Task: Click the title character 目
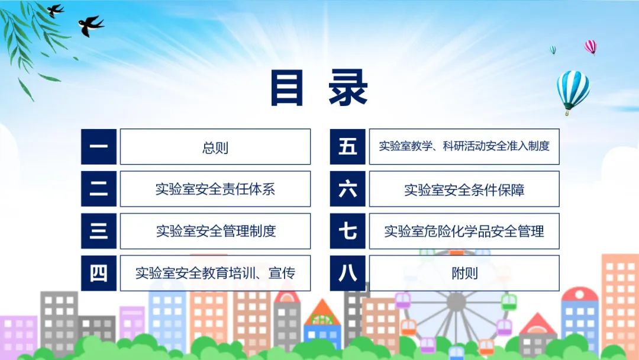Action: pyautogui.click(x=287, y=88)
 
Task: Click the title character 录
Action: pyautogui.click(x=348, y=88)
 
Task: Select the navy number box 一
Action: pyautogui.click(x=99, y=147)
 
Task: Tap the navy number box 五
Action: pyautogui.click(x=348, y=147)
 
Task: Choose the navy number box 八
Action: pyautogui.click(x=348, y=273)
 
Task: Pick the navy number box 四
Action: pyautogui.click(x=99, y=273)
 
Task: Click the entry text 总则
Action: pyautogui.click(x=215, y=147)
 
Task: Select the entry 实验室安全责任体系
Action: pyautogui.click(x=215, y=189)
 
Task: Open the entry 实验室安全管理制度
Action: pyautogui.click(x=216, y=231)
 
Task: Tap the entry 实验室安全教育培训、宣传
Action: pyautogui.click(x=215, y=273)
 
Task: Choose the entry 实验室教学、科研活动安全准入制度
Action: pyautogui.click(x=464, y=146)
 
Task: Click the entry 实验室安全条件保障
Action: pyautogui.click(x=464, y=190)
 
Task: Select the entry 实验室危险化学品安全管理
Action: pyautogui.click(x=464, y=232)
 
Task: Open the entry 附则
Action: pyautogui.click(x=464, y=274)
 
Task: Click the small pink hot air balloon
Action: pyautogui.click(x=590, y=47)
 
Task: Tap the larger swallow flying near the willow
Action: pyautogui.click(x=91, y=25)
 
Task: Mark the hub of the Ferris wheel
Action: pyautogui.click(x=456, y=302)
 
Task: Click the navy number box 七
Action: pyautogui.click(x=348, y=231)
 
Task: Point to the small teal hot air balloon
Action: pyautogui.click(x=553, y=50)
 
